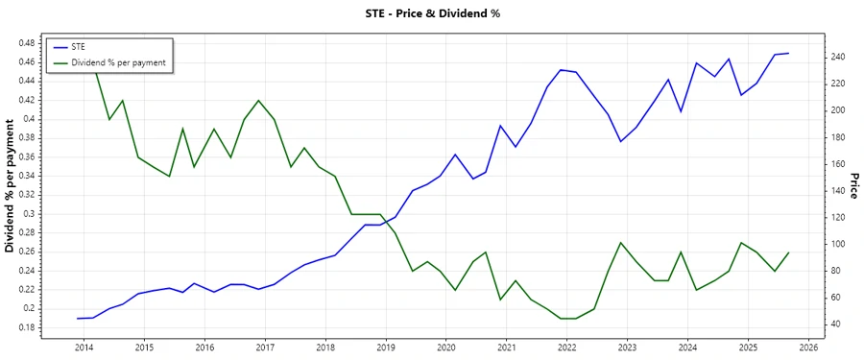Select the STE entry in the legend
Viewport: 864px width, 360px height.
79,46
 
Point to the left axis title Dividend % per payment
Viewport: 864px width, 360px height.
11,185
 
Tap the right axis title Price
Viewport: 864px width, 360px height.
852,185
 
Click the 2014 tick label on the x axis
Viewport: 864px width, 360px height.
84,347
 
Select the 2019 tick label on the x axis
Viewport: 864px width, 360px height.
386,347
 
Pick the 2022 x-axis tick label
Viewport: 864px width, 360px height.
567,347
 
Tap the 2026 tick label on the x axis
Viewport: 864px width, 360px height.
808,347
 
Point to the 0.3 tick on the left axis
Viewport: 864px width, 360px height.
30,213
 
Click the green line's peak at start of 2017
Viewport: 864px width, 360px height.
258,101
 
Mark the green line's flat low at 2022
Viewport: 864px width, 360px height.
567,318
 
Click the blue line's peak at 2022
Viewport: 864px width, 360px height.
561,70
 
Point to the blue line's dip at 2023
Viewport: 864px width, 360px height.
621,142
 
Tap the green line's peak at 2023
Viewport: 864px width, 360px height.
621,243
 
